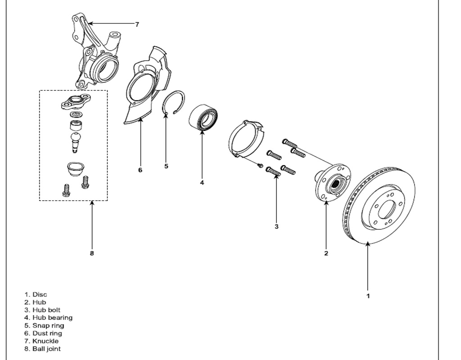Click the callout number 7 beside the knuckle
[137, 24]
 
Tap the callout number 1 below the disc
[368, 296]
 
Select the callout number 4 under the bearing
[202, 183]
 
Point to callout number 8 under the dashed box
[92, 253]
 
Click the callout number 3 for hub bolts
[276, 226]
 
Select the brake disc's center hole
[387, 210]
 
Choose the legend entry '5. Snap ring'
[44, 325]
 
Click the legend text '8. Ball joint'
[43, 349]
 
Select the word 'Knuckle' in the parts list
[45, 341]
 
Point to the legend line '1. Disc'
[36, 294]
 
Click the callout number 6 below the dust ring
[140, 170]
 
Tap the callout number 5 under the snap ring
[166, 166]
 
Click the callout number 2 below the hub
[326, 253]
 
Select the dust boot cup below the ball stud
[76, 169]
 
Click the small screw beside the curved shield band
[260, 166]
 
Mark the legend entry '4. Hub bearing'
[49, 317]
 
